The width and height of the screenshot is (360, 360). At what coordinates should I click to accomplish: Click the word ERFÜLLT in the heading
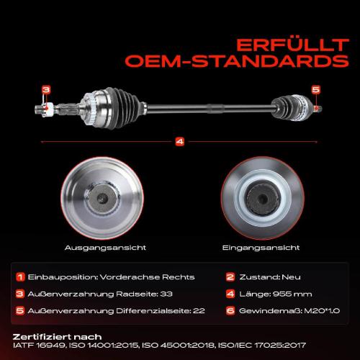coord(292,45)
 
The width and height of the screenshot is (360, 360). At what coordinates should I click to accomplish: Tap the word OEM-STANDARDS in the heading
coord(237,61)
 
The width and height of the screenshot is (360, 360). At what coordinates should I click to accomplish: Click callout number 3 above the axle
coord(46,90)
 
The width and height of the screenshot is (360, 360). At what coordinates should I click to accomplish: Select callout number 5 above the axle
coord(316,89)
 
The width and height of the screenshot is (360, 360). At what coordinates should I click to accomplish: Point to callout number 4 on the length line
coord(180,141)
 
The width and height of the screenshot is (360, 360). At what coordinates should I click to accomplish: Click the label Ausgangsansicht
coord(105,248)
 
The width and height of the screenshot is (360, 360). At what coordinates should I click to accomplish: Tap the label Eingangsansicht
coord(261,248)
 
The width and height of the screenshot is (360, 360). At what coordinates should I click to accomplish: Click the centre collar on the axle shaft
coord(215,109)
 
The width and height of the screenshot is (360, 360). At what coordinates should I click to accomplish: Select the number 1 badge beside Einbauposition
coord(20,277)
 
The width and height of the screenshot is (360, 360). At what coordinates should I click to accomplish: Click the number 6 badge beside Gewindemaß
coord(230,311)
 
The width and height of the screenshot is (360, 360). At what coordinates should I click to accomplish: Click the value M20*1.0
coord(322,311)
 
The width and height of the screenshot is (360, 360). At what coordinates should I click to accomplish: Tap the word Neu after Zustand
coord(291,277)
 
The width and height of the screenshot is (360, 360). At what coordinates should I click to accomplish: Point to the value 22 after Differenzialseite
coord(199,311)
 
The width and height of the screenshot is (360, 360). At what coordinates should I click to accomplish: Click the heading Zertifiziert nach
coord(57,337)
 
